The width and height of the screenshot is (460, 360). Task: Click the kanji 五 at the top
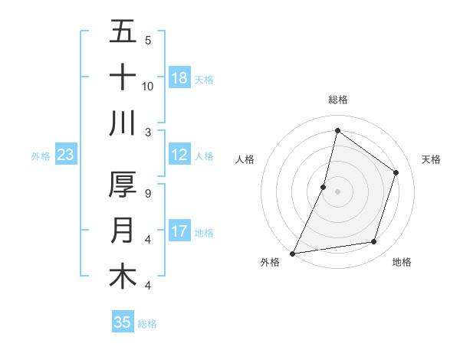(123, 32)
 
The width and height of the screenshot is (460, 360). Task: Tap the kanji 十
(123, 77)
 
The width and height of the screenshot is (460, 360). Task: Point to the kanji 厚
(123, 185)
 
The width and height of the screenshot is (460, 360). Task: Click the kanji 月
(123, 231)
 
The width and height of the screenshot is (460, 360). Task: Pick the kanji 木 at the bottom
(123, 276)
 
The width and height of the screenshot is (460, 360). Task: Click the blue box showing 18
(179, 78)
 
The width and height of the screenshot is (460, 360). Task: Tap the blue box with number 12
(179, 155)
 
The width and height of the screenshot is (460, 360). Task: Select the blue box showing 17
(179, 231)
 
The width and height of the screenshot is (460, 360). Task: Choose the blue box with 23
(65, 155)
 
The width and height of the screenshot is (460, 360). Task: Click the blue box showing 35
(123, 322)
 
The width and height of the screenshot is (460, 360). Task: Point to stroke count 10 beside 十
(148, 86)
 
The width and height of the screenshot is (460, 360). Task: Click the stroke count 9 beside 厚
(148, 194)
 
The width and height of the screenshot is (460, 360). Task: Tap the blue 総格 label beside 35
(147, 324)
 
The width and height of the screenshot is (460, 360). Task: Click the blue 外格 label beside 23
(41, 156)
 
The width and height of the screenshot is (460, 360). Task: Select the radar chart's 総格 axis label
(337, 100)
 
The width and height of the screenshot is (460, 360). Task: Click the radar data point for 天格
(396, 172)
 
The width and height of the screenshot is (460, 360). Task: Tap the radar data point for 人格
(324, 187)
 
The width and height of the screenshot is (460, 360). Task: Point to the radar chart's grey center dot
(337, 191)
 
